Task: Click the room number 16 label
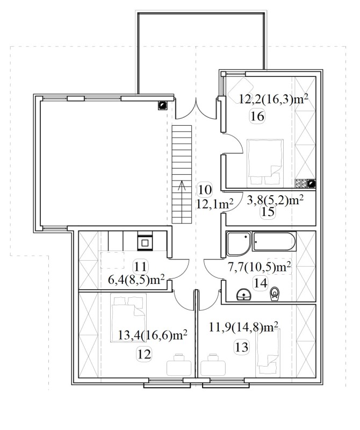[257, 117]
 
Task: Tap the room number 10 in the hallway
[205, 190]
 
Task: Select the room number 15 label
[268, 212]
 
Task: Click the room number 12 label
[144, 355]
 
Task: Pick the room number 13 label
[242, 347]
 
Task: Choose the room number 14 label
[260, 283]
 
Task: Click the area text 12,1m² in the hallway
[215, 204]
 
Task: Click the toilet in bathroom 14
[274, 294]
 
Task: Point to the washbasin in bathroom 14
[244, 295]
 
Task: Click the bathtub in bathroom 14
[274, 241]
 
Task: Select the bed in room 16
[265, 162]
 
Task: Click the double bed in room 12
[128, 318]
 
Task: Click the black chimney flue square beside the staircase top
[162, 105]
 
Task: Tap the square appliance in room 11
[145, 242]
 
